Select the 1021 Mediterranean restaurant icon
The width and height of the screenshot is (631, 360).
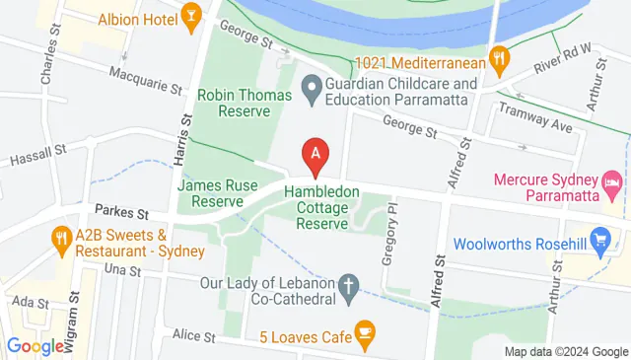pyautogui.click(x=501, y=58)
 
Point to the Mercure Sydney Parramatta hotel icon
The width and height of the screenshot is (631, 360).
pyautogui.click(x=612, y=183)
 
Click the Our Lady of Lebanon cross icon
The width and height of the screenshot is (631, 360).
pyautogui.click(x=348, y=288)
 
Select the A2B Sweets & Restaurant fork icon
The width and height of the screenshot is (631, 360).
pyautogui.click(x=62, y=237)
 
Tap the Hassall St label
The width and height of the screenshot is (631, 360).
pyautogui.click(x=37, y=155)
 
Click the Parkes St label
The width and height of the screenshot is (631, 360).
pyautogui.click(x=122, y=211)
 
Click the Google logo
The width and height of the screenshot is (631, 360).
pyautogui.click(x=35, y=345)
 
